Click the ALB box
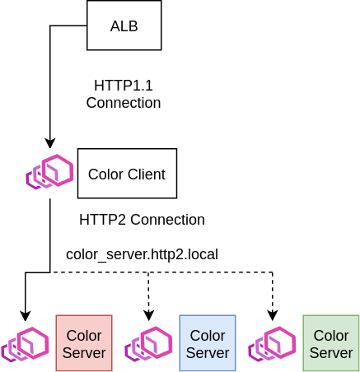pos(124,26)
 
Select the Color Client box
pos(127,174)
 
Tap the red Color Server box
pos(84,343)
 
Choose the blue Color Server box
pos(208,343)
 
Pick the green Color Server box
pos(331,343)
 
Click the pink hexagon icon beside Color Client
pos(49,172)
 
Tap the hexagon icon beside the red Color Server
pos(25,344)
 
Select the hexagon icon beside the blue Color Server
pos(148,344)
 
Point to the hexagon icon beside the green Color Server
pos(272,344)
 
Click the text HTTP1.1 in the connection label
pos(124,86)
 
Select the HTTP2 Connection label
pos(142,220)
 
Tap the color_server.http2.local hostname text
pos(142,254)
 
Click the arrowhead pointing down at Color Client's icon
pos(50,143)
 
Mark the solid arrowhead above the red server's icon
pos(26,316)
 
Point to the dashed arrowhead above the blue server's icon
pos(148,316)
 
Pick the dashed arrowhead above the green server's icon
pos(272,316)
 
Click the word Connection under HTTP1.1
pos(124,103)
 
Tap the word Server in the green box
pos(331,353)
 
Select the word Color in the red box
pos(84,336)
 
